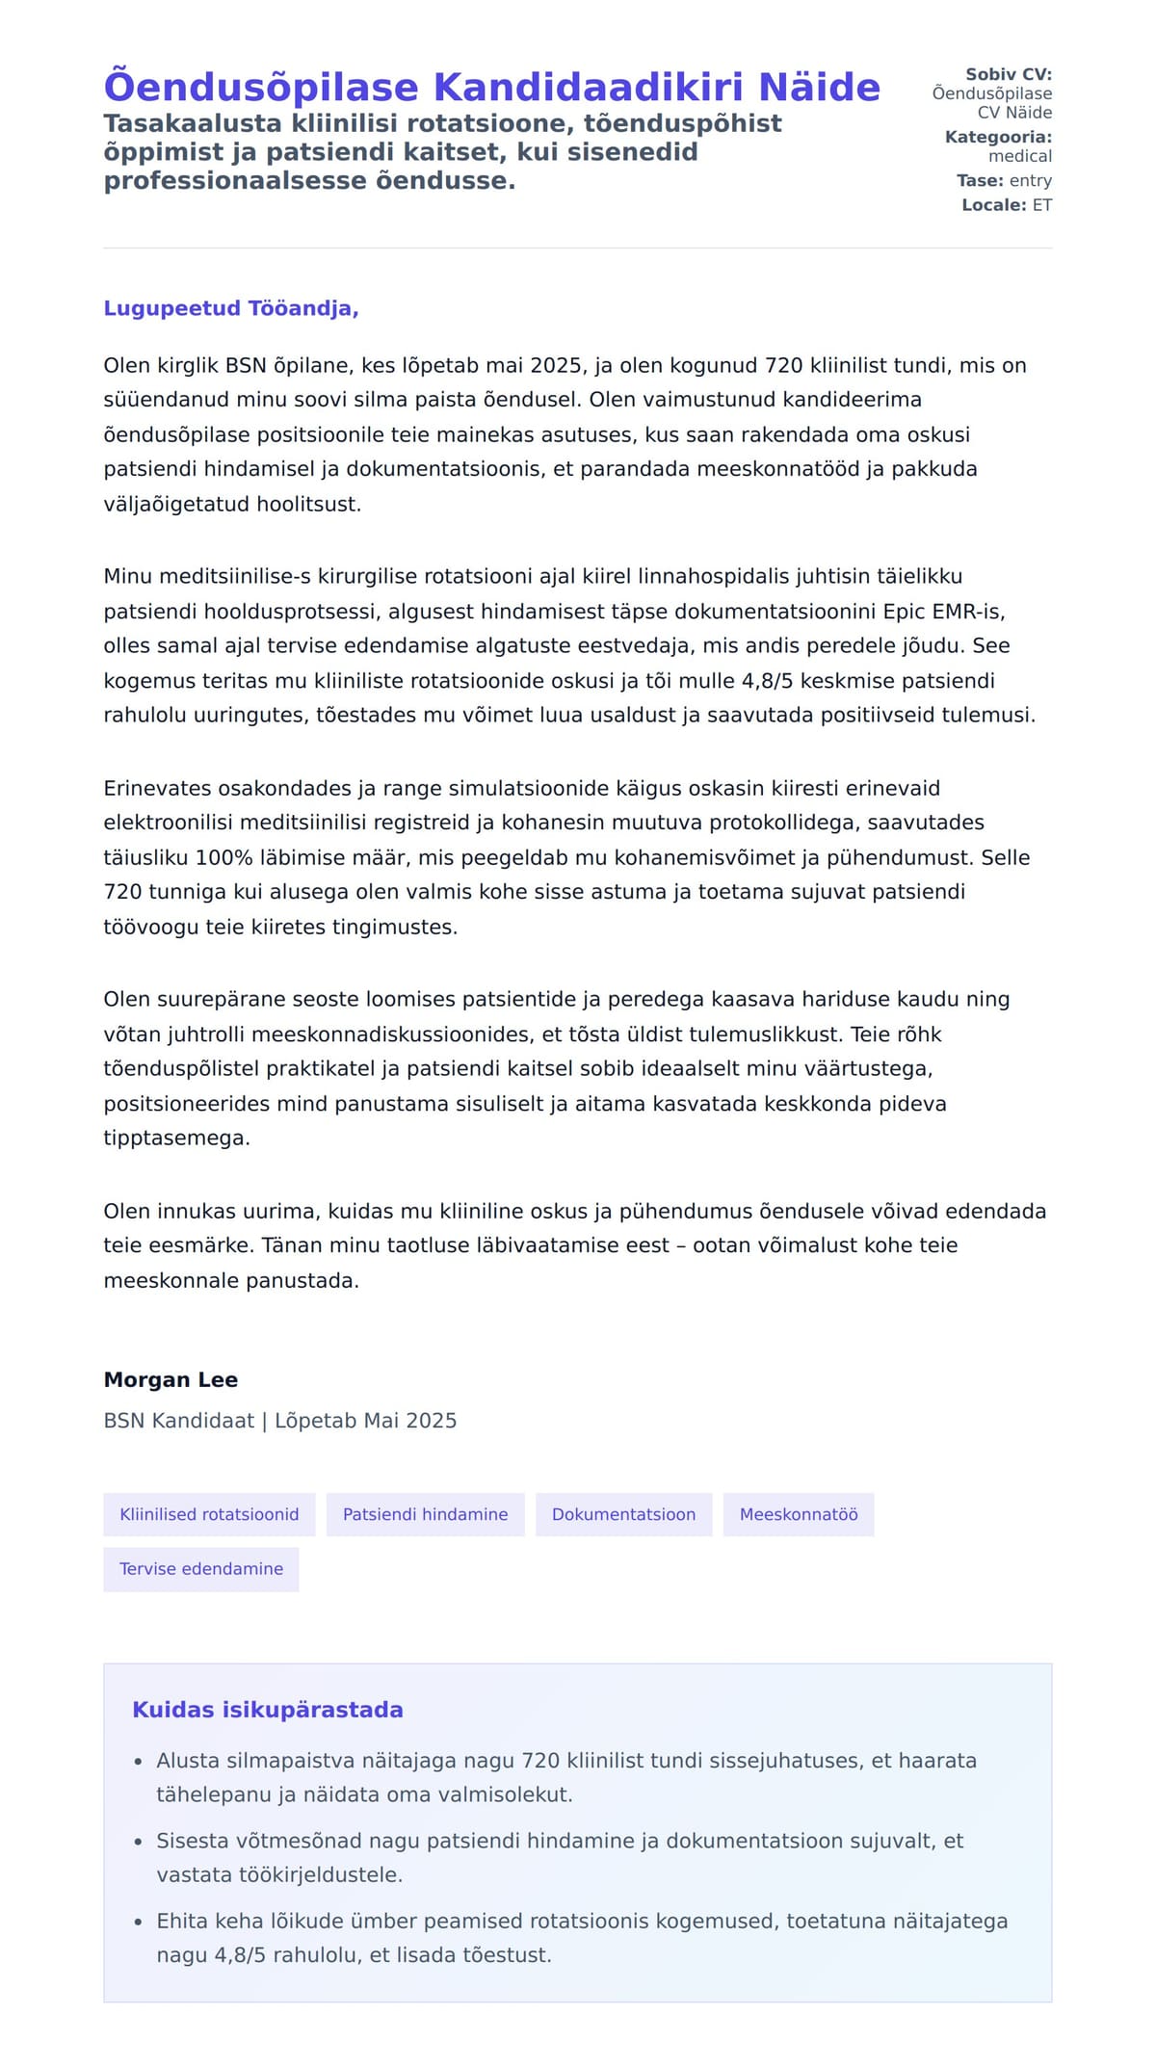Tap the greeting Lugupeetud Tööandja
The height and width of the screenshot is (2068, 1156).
pos(231,309)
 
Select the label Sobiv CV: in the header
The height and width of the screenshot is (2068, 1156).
pos(1008,74)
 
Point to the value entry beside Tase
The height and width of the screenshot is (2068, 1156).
pos(1030,180)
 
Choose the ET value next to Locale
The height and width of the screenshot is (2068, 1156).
pos(1041,205)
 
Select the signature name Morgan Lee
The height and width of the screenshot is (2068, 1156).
pos(171,1380)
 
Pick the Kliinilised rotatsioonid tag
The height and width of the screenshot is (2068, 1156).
pos(209,1515)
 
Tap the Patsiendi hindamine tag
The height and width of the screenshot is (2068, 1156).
pos(425,1515)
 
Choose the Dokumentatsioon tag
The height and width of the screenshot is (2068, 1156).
pos(623,1515)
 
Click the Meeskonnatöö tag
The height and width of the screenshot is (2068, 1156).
pos(798,1515)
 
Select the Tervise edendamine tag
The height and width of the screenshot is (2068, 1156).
pos(201,1569)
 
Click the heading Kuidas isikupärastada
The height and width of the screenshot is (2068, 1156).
pos(268,1710)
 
